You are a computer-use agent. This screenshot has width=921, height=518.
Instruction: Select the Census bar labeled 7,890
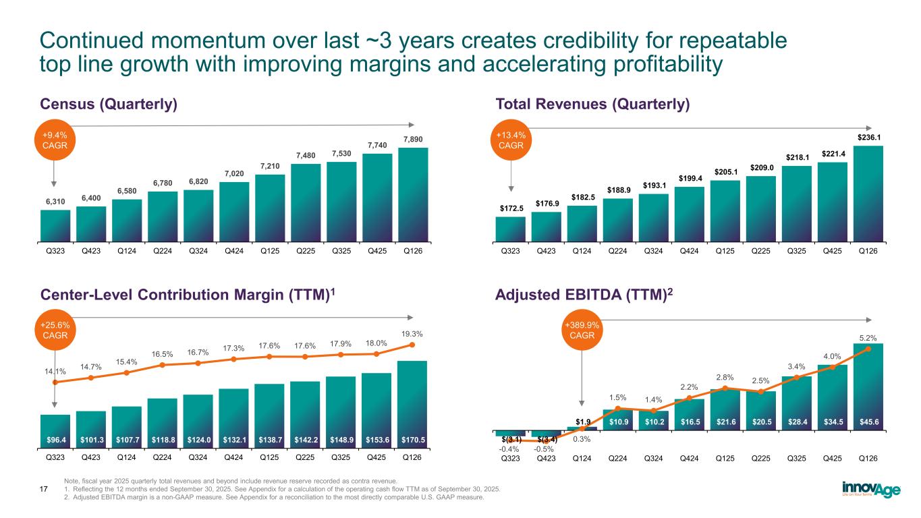pyautogui.click(x=413, y=194)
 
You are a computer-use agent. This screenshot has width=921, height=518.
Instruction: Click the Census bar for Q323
pyautogui.click(x=55, y=225)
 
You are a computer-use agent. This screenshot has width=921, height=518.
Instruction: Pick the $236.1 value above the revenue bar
pyautogui.click(x=868, y=137)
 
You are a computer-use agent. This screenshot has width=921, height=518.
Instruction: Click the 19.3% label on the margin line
pyautogui.click(x=412, y=333)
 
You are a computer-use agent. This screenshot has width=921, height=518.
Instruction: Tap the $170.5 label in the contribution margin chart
pyautogui.click(x=412, y=439)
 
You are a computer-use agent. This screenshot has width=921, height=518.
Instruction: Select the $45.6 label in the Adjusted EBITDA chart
pyautogui.click(x=868, y=422)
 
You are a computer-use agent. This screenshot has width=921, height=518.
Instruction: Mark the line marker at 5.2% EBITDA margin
pyautogui.click(x=868, y=349)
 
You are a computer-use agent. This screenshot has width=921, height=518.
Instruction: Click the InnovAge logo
pyautogui.click(x=871, y=488)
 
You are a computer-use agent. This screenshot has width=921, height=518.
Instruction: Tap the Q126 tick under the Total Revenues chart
pyautogui.click(x=868, y=252)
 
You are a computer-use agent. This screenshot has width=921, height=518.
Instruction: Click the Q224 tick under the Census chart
pyautogui.click(x=163, y=252)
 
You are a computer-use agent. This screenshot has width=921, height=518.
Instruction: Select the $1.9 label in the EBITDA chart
pyautogui.click(x=581, y=421)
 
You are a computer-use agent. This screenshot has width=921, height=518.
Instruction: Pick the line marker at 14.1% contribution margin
pyautogui.click(x=55, y=382)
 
